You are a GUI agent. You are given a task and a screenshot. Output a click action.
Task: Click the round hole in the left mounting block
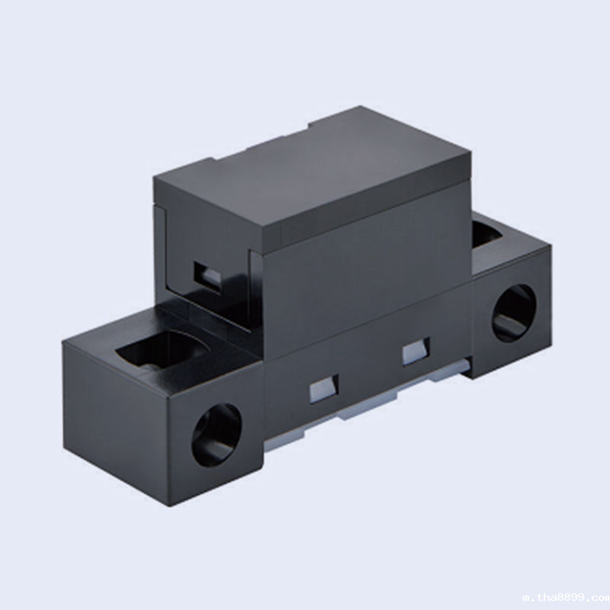(217, 435)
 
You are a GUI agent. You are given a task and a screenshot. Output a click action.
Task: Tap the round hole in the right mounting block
(514, 313)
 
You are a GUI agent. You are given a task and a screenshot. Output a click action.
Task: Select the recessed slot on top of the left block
(162, 350)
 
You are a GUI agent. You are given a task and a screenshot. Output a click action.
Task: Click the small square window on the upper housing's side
(207, 277)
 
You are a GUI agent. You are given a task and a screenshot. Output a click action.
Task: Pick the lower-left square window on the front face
(323, 389)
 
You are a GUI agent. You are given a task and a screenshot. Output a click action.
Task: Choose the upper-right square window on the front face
(416, 352)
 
